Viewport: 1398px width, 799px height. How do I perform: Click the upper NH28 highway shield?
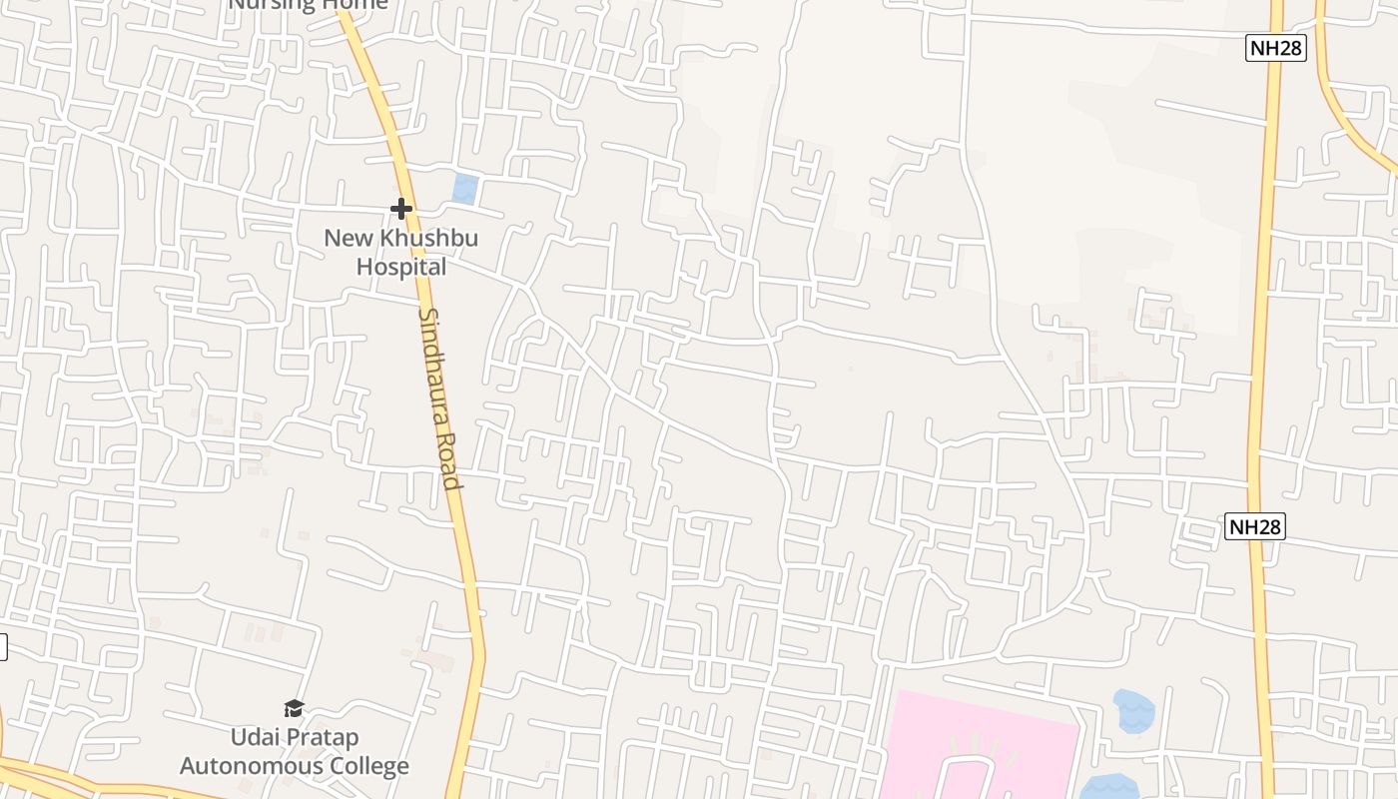pos(1276,48)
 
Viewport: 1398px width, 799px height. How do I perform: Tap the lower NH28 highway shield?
pos(1254,526)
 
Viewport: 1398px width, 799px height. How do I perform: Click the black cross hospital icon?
pos(401,209)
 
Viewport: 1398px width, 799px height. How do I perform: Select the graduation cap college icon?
pos(294,708)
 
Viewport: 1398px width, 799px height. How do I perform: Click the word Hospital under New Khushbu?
pos(401,268)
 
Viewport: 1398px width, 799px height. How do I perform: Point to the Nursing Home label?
pos(308,4)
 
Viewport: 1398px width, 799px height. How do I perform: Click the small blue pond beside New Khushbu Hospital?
pos(464,189)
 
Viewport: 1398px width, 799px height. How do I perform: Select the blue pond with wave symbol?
pos(1133,710)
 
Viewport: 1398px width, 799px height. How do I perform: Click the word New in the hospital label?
pos(347,239)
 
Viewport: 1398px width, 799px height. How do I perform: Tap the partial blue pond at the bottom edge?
pos(1108,788)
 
